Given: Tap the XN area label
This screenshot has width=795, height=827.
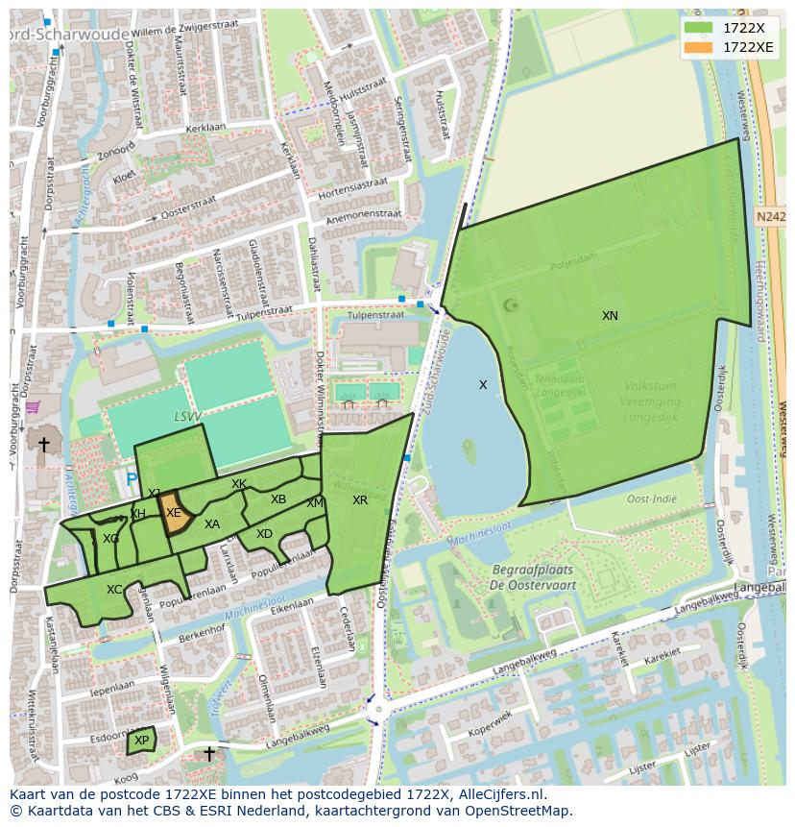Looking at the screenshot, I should pyautogui.click(x=610, y=316).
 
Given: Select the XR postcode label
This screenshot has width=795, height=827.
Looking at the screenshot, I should pyautogui.click(x=360, y=500).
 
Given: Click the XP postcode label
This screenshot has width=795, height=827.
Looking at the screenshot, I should pyautogui.click(x=142, y=741).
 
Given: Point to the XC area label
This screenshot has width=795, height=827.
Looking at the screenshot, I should pyautogui.click(x=114, y=590).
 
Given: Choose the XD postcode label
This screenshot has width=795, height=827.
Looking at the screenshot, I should pyautogui.click(x=264, y=534).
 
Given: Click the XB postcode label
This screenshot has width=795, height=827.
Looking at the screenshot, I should pyautogui.click(x=278, y=499).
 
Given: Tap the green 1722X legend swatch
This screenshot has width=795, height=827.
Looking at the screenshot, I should pyautogui.click(x=699, y=28).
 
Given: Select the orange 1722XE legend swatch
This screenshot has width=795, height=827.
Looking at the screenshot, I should pyautogui.click(x=699, y=47).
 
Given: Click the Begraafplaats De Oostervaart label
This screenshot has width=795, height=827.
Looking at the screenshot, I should pyautogui.click(x=534, y=577).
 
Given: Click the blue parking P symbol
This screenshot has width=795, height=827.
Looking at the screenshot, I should pyautogui.click(x=131, y=478).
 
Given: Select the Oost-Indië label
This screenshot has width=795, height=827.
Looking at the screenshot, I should pyautogui.click(x=651, y=499).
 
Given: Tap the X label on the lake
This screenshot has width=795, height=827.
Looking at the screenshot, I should pyautogui.click(x=483, y=385).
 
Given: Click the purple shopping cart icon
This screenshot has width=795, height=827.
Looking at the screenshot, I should pyautogui.click(x=33, y=407).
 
